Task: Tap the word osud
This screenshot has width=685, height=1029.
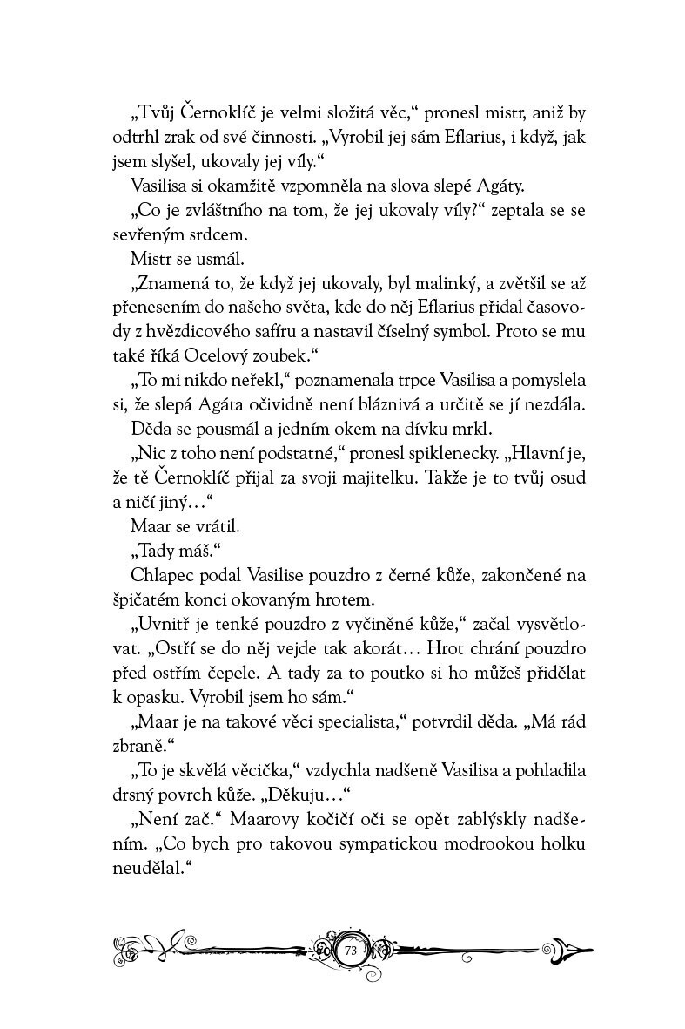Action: point(565,477)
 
